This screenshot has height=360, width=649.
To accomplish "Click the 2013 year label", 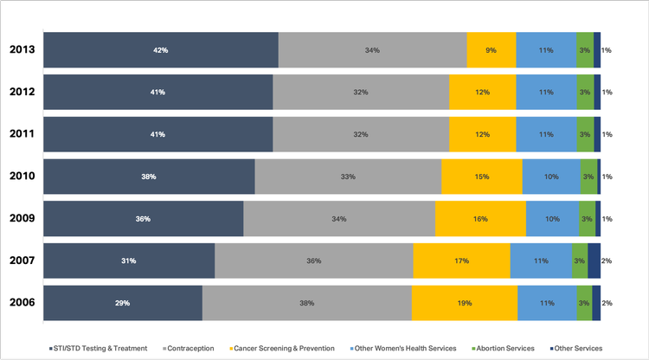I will [22, 50].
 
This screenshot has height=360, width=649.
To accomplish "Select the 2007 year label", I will [22, 260].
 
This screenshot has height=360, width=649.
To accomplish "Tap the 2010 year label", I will [22, 177].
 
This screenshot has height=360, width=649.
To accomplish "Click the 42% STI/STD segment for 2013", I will [161, 50].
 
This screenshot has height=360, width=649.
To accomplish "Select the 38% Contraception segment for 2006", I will [306, 303].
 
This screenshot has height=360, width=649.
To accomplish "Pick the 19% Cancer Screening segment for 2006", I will [464, 303].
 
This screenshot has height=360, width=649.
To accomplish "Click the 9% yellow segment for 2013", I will [491, 50].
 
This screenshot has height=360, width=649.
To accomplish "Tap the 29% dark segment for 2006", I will [123, 303].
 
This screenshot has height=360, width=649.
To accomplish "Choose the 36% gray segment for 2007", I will [313, 260].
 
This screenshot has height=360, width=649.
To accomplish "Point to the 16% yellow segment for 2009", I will [480, 219].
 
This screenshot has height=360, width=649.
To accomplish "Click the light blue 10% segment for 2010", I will [551, 177].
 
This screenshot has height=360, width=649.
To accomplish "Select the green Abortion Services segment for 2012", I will [585, 92].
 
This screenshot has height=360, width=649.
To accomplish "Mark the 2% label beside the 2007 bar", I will [607, 260].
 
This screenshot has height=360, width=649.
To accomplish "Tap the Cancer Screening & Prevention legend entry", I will [282, 348].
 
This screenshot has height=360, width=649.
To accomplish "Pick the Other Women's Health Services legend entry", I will [403, 348].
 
